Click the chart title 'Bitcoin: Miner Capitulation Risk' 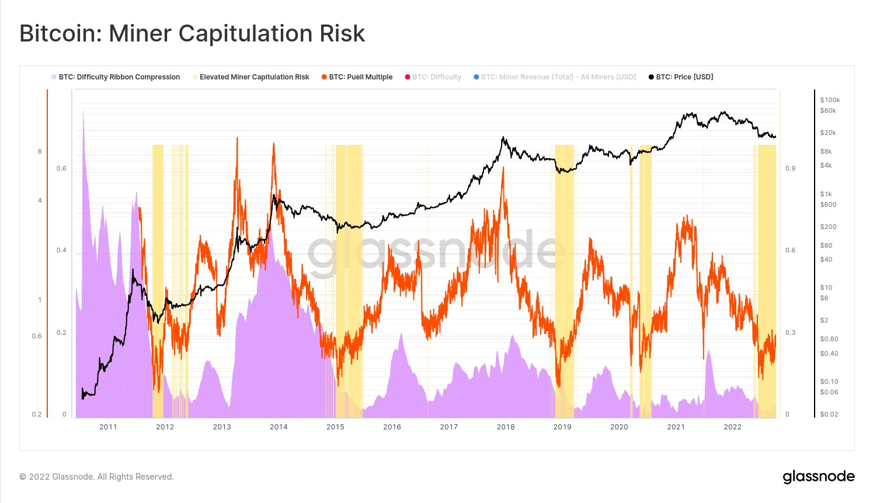click(192, 33)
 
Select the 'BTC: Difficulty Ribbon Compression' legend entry click(119, 77)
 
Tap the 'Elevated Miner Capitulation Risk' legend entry click(254, 77)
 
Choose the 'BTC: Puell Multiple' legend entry click(360, 77)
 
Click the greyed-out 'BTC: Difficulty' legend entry click(436, 77)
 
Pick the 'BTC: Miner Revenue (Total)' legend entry click(558, 77)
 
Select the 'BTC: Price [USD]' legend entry click(684, 77)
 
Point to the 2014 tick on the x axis click(279, 427)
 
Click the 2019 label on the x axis click(562, 427)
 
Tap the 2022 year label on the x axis click(732, 427)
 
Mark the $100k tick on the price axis click(830, 100)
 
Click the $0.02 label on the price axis click(829, 414)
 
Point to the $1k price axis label click(826, 194)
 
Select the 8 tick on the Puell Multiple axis click(40, 152)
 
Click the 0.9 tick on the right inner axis click(790, 169)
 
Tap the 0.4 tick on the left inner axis click(61, 251)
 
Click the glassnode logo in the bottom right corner click(818, 477)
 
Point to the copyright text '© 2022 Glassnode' click(96, 477)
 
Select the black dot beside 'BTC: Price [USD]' click(651, 77)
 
